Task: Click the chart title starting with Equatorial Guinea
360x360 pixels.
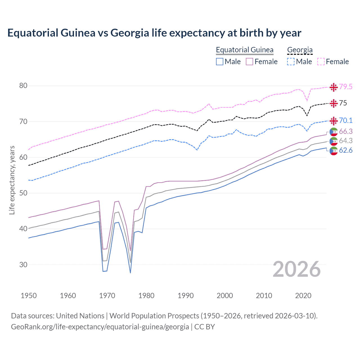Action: click(x=154, y=33)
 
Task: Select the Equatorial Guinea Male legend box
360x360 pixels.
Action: click(x=220, y=62)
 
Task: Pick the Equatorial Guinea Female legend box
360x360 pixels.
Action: click(x=249, y=62)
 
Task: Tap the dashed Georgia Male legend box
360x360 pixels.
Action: click(x=291, y=62)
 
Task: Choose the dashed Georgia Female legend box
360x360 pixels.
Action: click(x=321, y=62)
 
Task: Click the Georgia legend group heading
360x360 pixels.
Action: click(x=300, y=50)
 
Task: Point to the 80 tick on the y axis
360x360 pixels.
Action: click(x=23, y=86)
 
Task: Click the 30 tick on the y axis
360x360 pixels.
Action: click(x=23, y=265)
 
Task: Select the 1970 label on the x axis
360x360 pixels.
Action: click(x=107, y=296)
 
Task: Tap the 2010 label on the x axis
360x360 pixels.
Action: click(x=264, y=296)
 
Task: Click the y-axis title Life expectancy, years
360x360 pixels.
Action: click(x=12, y=180)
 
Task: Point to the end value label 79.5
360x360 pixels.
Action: click(x=346, y=87)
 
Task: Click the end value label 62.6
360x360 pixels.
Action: click(x=346, y=150)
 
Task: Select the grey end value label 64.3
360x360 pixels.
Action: click(x=346, y=141)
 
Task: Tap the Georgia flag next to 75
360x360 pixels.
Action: click(x=334, y=103)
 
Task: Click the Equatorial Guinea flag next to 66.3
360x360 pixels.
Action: click(x=334, y=132)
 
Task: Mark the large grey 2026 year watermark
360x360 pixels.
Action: click(x=296, y=269)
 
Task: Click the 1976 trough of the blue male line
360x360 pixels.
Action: click(x=130, y=273)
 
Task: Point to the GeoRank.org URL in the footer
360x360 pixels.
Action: click(x=100, y=327)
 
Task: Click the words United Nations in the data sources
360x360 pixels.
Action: click(x=80, y=316)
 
